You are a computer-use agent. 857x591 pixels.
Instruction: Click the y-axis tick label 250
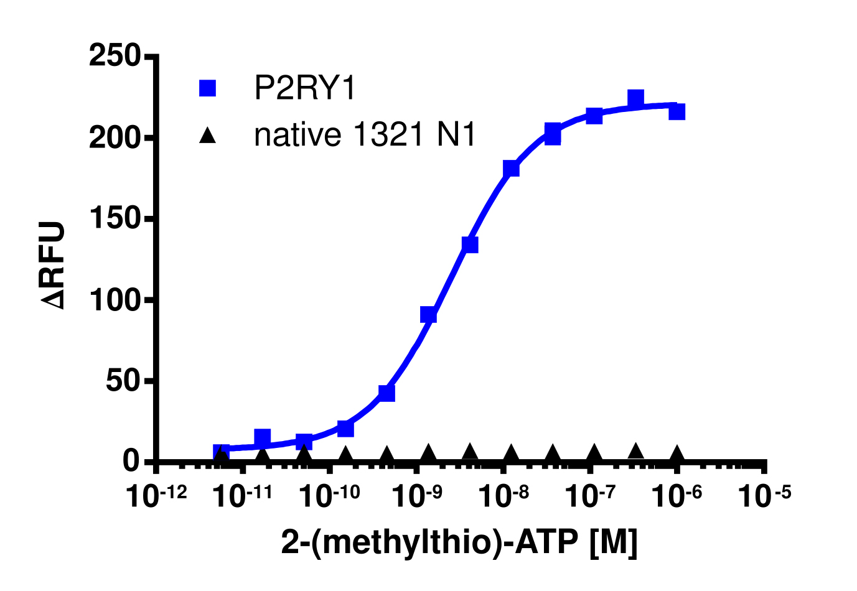[116, 56]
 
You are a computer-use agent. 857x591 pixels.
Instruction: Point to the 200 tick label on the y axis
[116, 137]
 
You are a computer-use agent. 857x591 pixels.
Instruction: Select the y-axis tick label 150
[116, 219]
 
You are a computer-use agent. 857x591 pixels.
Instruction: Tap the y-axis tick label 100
[116, 300]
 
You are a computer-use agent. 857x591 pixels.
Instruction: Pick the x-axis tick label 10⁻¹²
[156, 496]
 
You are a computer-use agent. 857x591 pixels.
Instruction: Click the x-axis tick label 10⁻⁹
[414, 496]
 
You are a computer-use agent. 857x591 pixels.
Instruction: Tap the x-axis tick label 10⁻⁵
[763, 496]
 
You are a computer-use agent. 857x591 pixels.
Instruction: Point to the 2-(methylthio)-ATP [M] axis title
[459, 542]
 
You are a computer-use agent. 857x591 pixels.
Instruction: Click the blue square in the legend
[207, 88]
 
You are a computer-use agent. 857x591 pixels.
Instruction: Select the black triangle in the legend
[207, 135]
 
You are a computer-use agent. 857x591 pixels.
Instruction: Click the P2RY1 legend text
[305, 88]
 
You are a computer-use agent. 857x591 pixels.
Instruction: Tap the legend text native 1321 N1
[365, 135]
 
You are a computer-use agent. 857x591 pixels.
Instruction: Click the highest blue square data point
[635, 98]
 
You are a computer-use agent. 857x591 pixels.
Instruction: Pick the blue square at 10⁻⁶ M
[677, 111]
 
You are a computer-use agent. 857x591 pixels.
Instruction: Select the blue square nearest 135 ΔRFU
[470, 244]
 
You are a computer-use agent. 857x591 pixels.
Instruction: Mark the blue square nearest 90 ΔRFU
[428, 315]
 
